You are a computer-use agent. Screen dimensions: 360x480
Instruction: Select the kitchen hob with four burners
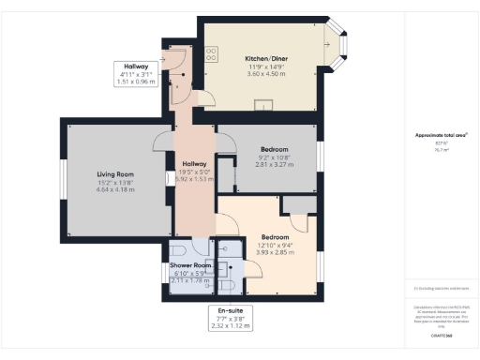(212, 55)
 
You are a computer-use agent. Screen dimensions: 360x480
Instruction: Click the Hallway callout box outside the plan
(137, 73)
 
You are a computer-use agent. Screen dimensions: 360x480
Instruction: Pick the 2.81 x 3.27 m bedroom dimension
(274, 164)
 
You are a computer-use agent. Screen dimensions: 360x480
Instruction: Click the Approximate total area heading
(441, 135)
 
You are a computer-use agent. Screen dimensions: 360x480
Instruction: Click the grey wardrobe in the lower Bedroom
(299, 204)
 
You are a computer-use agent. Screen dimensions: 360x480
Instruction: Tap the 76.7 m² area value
(441, 149)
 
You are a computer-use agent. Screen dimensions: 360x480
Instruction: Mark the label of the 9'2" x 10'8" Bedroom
(274, 149)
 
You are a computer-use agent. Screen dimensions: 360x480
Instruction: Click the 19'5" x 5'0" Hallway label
(195, 163)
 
